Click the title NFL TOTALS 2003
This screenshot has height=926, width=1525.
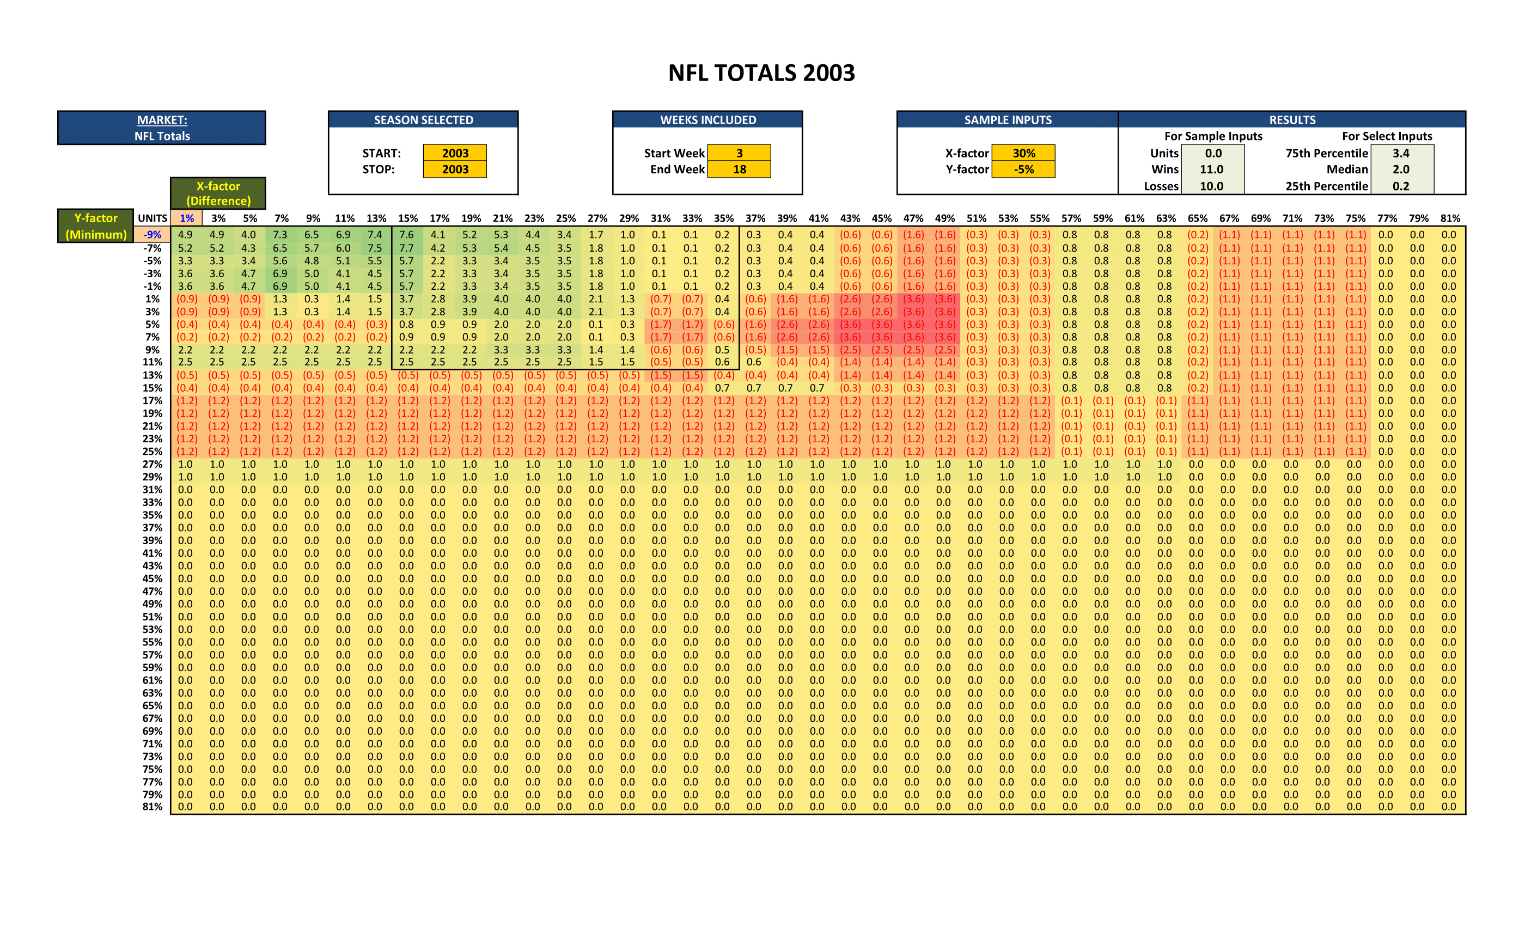tap(761, 73)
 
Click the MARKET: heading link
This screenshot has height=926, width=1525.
tap(162, 120)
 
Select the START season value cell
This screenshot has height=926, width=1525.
tap(455, 153)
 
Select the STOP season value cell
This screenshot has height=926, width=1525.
tap(455, 169)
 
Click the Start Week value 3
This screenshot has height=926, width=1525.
tap(739, 153)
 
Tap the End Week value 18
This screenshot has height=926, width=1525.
tap(739, 169)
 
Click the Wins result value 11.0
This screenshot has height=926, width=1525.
tap(1212, 169)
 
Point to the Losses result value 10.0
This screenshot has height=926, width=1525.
tap(1212, 186)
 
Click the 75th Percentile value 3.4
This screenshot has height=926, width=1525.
tap(1401, 153)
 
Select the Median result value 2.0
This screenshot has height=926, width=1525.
tap(1401, 169)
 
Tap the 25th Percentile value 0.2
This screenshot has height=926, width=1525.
tap(1401, 186)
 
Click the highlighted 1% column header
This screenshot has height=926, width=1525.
tap(186, 218)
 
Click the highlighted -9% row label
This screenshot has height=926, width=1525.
tap(152, 235)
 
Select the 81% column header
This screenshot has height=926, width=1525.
tap(1450, 218)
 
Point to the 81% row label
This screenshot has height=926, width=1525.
tap(152, 807)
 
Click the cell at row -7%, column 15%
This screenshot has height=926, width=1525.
tap(406, 248)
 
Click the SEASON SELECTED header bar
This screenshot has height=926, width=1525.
tap(423, 120)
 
